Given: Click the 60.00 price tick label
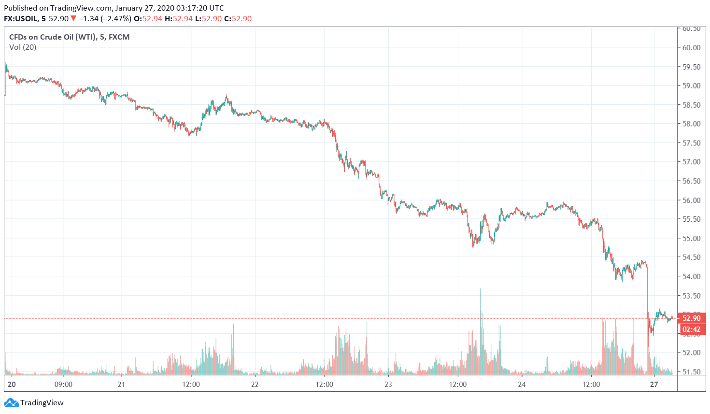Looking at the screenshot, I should tap(691, 47).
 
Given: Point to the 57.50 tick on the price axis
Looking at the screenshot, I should tap(691, 143).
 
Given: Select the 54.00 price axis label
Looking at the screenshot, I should tap(691, 276).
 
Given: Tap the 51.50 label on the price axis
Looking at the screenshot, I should tap(691, 371).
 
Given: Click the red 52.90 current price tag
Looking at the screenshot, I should tap(692, 318).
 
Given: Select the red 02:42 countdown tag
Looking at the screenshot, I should tap(692, 329).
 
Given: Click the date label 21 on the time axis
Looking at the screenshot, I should tap(121, 385).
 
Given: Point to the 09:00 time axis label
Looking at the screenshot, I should tap(63, 385).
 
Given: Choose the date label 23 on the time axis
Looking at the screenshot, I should tap(388, 385).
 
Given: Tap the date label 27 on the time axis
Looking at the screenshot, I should tap(654, 385).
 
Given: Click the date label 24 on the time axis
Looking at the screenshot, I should tap(522, 385).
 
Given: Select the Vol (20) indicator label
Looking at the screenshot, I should tap(23, 47).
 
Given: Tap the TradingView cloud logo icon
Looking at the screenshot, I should tap(11, 402).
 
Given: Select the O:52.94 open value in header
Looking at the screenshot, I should tap(148, 18).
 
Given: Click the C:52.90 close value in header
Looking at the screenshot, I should tap(238, 18).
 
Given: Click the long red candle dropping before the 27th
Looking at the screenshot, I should tap(648, 304).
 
